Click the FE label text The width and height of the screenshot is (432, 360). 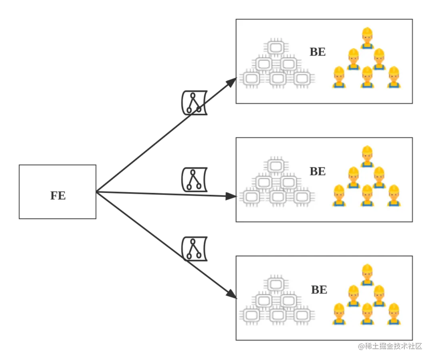[58, 195]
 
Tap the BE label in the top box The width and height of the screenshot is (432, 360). [318, 52]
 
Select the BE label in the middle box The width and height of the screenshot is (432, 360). [318, 171]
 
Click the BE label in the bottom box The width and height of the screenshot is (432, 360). [319, 290]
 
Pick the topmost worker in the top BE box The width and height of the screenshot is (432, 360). [367, 38]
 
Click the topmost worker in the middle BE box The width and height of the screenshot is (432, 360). [367, 157]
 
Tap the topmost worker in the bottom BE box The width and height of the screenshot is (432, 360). [367, 275]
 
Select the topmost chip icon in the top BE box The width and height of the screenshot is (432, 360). [275, 47]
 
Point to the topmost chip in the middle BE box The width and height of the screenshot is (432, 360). [275, 166]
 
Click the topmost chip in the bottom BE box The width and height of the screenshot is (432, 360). [275, 284]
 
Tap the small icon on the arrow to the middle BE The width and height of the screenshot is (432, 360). [194, 181]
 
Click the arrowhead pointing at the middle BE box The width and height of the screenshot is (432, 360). [231, 196]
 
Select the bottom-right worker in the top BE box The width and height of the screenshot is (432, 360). [394, 77]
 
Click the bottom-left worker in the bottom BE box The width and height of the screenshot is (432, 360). [339, 314]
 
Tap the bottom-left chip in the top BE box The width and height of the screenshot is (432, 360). [251, 78]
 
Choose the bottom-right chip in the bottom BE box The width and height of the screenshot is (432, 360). [302, 315]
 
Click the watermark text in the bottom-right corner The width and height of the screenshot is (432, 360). [390, 345]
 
